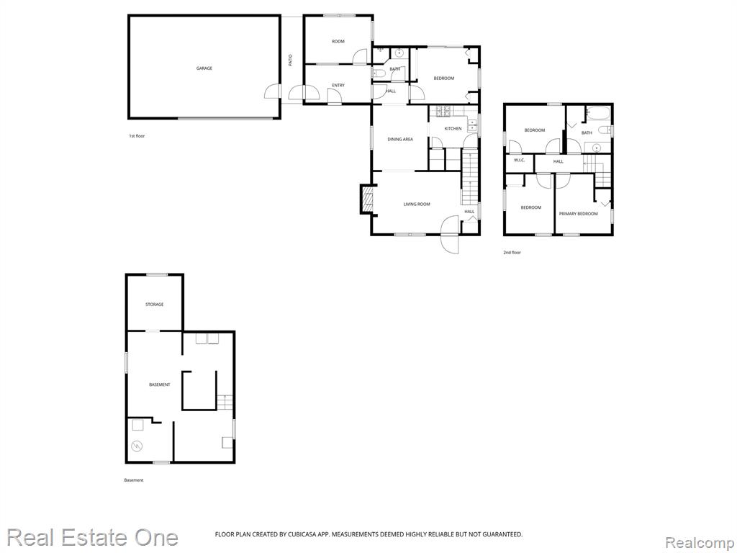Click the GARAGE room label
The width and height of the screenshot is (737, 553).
(204, 68)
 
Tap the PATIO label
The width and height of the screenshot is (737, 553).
(290, 60)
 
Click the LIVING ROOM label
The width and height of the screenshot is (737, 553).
(417, 204)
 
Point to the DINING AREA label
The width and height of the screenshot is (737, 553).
(400, 139)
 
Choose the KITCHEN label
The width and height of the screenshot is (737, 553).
(453, 128)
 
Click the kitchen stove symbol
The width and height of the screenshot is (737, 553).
(443, 111)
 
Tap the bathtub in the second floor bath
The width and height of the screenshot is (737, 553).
(598, 113)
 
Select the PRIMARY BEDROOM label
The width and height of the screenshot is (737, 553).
(578, 213)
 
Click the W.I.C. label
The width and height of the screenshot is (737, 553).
(519, 161)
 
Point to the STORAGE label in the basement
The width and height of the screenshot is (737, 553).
(154, 305)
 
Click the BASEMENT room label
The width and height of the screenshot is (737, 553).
(159, 385)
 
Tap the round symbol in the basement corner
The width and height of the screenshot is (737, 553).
(137, 445)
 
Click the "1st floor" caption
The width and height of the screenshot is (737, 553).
(137, 136)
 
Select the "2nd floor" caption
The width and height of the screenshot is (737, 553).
(512, 253)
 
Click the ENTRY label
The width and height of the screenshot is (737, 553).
(338, 85)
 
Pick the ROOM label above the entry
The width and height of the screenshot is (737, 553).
(338, 41)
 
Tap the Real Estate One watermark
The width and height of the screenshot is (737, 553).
(92, 537)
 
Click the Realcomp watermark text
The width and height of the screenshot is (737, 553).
(700, 542)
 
